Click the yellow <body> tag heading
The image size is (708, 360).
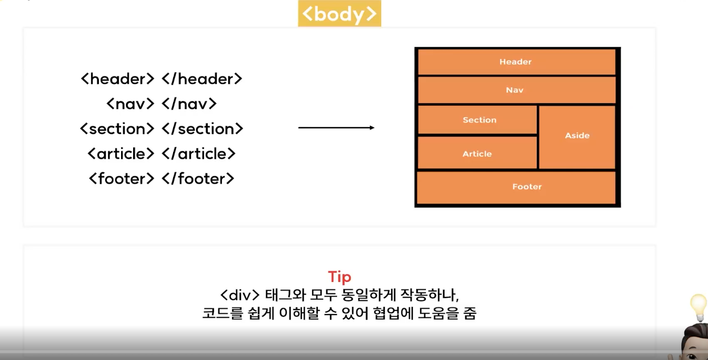340,14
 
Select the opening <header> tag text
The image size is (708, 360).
118,79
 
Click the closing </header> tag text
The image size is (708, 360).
202,79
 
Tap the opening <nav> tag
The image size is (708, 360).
130,104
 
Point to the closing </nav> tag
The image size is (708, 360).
190,104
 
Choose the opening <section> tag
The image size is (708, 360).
117,129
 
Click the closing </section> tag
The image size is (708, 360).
202,129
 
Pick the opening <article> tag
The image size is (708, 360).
121,154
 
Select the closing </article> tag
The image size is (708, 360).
199,154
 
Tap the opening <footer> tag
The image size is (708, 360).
122,179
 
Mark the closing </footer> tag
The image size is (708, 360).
198,179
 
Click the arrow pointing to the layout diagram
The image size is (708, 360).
336,128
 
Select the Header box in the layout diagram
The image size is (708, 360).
517,62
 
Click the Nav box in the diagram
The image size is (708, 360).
517,90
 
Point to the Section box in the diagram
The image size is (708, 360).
477,120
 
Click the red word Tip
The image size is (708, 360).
340,277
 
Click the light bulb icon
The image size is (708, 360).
698,307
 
